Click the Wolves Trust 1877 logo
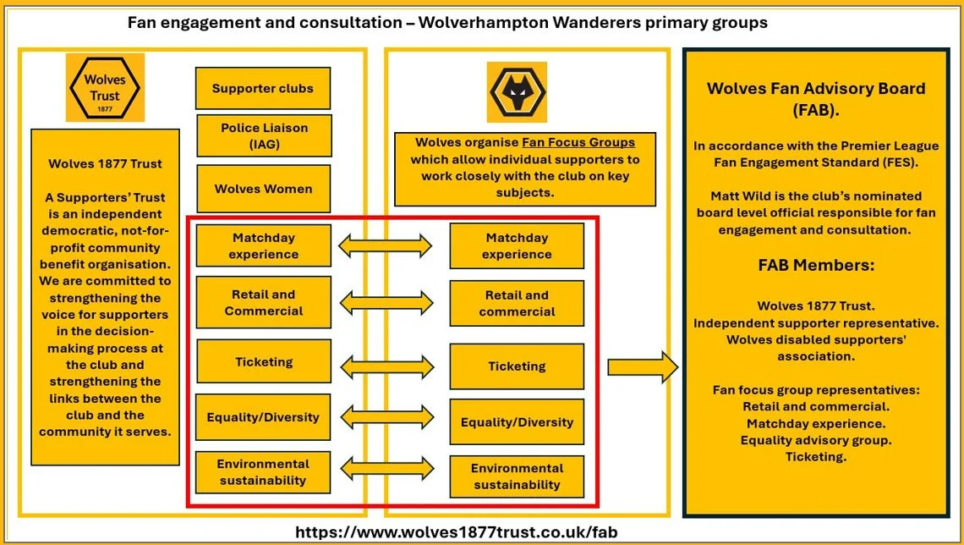105,87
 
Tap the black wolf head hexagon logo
517,91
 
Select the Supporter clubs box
262,89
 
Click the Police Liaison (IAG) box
264,135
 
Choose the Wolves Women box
263,189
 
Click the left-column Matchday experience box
263,245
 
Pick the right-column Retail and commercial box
517,303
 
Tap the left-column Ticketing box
263,361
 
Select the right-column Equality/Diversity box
517,422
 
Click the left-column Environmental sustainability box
263,472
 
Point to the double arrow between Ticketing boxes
386,366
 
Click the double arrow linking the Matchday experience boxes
385,246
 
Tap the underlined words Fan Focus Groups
578,142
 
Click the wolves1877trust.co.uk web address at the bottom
456,532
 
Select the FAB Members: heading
816,265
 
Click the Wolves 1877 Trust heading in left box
105,164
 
